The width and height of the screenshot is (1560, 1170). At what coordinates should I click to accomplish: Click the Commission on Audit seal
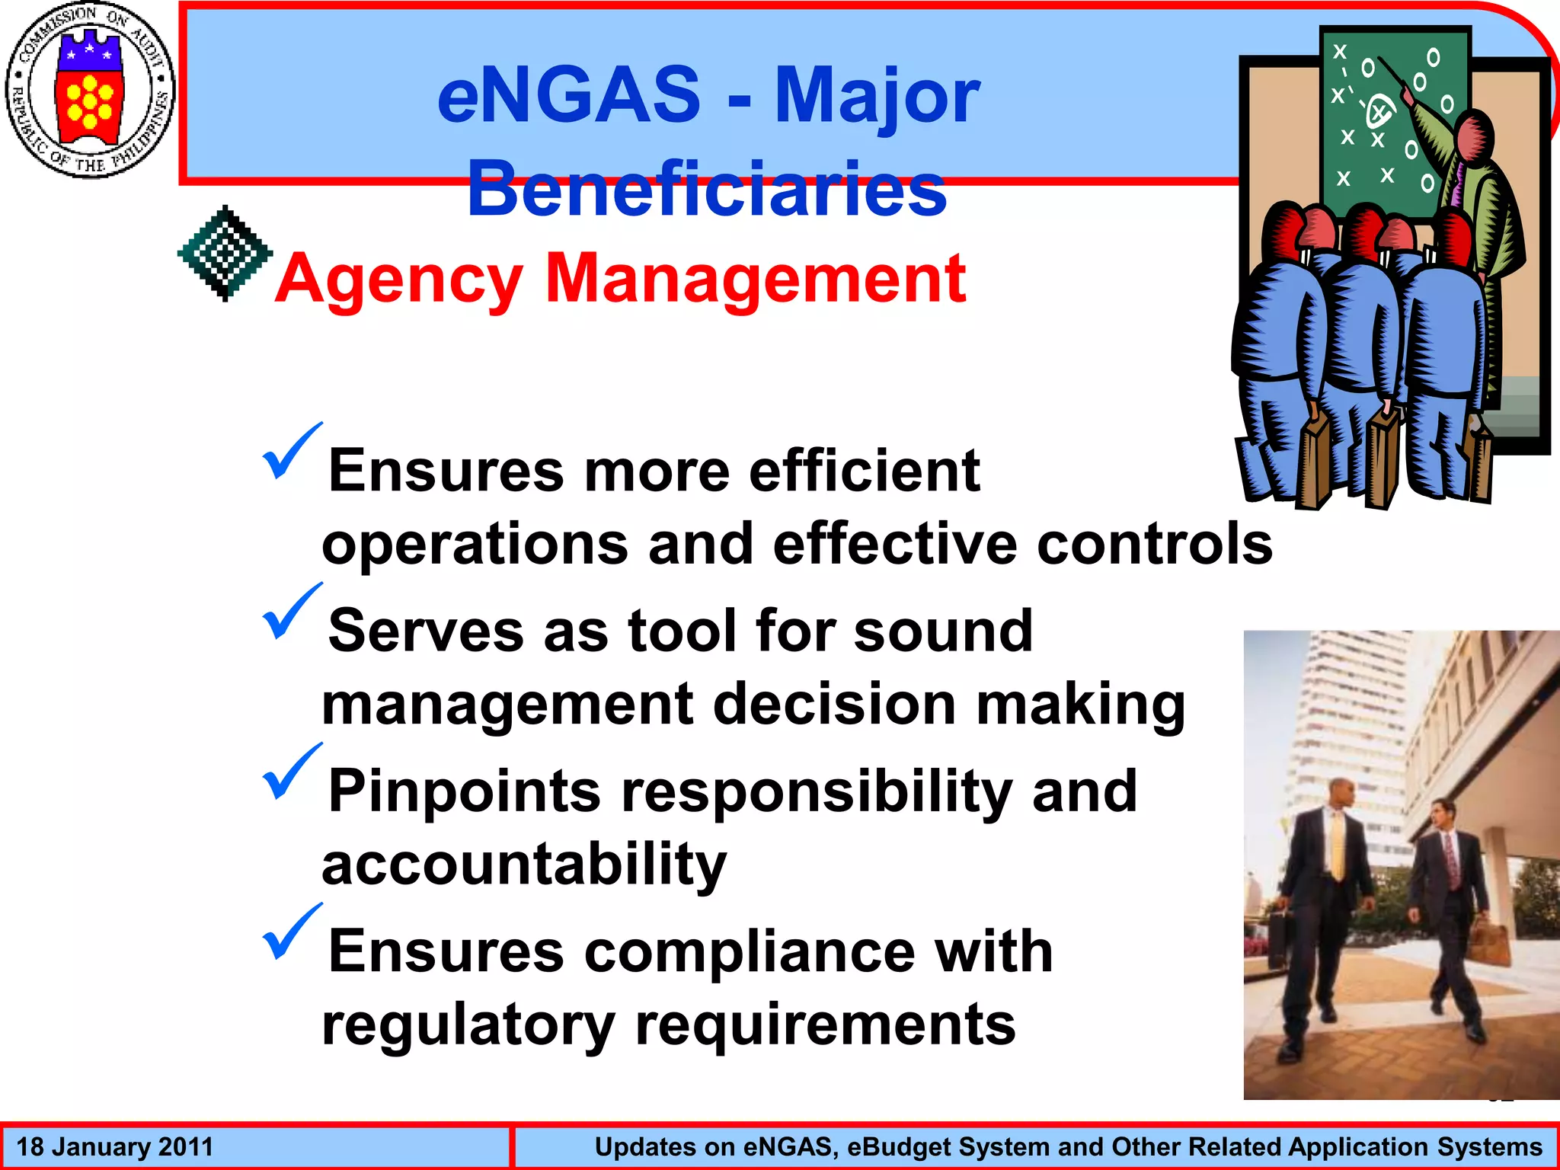pyautogui.click(x=90, y=90)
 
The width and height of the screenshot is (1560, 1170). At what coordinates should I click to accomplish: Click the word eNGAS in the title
pyautogui.click(x=568, y=94)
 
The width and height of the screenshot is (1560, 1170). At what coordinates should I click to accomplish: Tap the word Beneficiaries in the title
pyautogui.click(x=707, y=189)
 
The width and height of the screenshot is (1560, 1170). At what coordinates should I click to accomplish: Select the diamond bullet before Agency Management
pyautogui.click(x=225, y=253)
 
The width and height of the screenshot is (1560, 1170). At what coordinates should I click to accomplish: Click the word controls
pyautogui.click(x=1155, y=544)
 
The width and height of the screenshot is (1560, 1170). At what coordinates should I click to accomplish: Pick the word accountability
pyautogui.click(x=524, y=865)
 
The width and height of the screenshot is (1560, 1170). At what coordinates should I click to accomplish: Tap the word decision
pyautogui.click(x=835, y=704)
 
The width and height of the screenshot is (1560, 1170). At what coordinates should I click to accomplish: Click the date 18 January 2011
pyautogui.click(x=115, y=1146)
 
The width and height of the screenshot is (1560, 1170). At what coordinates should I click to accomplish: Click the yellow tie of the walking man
pyautogui.click(x=1338, y=846)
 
